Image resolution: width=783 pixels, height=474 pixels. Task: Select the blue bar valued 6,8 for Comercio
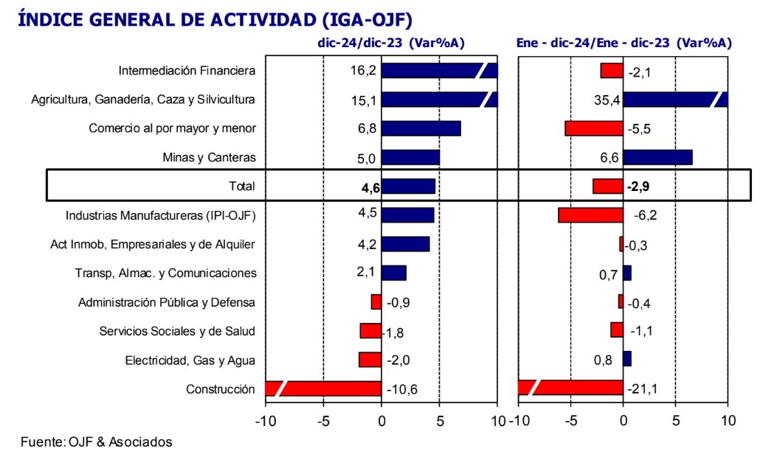click(421, 128)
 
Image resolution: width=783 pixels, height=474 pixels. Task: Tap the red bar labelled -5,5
click(594, 128)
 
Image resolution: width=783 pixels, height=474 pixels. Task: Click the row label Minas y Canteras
click(209, 157)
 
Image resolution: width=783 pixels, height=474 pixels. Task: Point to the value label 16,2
click(364, 71)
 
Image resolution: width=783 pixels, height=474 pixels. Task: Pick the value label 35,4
click(608, 100)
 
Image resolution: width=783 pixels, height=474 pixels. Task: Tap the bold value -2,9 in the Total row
click(638, 187)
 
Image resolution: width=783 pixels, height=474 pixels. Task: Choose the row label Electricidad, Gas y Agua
click(190, 360)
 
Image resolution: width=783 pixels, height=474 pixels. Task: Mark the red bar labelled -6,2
click(590, 215)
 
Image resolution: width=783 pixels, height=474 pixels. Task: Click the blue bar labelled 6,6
click(658, 157)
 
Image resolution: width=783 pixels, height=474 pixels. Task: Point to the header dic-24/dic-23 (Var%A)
click(390, 43)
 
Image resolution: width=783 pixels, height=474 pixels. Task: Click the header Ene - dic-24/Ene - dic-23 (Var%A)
click(624, 43)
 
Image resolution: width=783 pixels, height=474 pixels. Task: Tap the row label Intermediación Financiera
click(187, 71)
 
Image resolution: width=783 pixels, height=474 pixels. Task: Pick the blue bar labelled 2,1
click(394, 273)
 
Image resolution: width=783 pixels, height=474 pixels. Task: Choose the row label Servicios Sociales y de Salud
click(177, 331)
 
